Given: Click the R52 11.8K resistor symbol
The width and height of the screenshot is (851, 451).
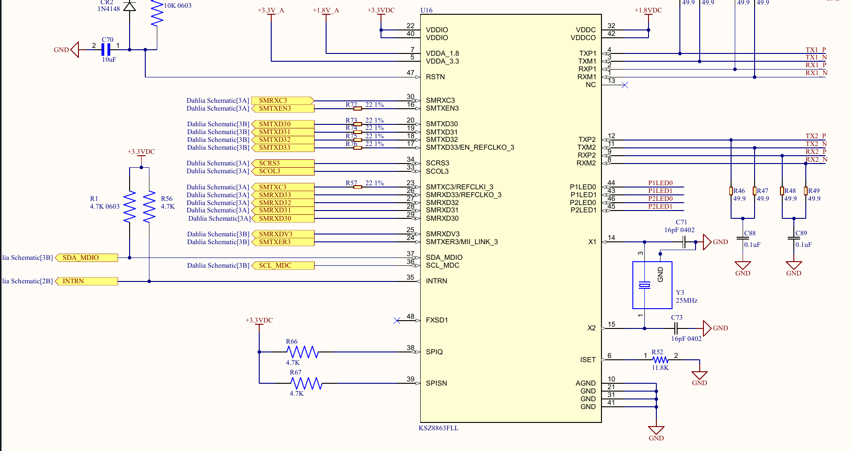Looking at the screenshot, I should tap(660, 360).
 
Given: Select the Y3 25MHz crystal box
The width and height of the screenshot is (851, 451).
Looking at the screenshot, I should tap(652, 285).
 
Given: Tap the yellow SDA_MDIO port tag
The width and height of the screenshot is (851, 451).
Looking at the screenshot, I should tap(86, 258).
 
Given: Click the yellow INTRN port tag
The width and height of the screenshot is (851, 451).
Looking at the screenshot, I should tap(86, 281).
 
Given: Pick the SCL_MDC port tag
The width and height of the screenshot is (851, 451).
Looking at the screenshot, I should tap(283, 266).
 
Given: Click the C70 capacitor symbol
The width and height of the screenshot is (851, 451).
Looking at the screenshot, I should tap(106, 50).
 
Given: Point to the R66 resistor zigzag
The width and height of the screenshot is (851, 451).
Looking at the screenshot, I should tap(302, 352).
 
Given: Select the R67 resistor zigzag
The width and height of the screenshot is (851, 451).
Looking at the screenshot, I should tap(306, 383).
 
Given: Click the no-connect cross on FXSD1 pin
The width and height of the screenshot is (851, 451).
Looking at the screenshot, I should tap(397, 321).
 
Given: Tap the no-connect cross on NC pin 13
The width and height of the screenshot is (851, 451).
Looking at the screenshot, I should tap(625, 85).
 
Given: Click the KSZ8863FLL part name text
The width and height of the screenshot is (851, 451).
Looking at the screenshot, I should tap(438, 428).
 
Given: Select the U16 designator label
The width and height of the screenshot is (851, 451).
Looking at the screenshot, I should tap(426, 10).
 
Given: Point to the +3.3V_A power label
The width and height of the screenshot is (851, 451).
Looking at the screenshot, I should tap(271, 10).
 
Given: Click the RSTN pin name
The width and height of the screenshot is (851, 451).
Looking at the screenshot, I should tap(435, 77).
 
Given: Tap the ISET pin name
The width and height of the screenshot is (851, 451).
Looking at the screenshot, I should tap(588, 360).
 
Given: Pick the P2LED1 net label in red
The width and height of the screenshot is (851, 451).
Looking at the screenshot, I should tap(660, 206).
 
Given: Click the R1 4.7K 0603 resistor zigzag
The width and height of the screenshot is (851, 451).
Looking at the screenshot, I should tap(130, 206).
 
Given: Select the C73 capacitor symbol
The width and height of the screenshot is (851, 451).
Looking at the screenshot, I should tap(676, 328).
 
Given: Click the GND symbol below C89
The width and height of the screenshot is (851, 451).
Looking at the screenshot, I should tap(793, 266).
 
